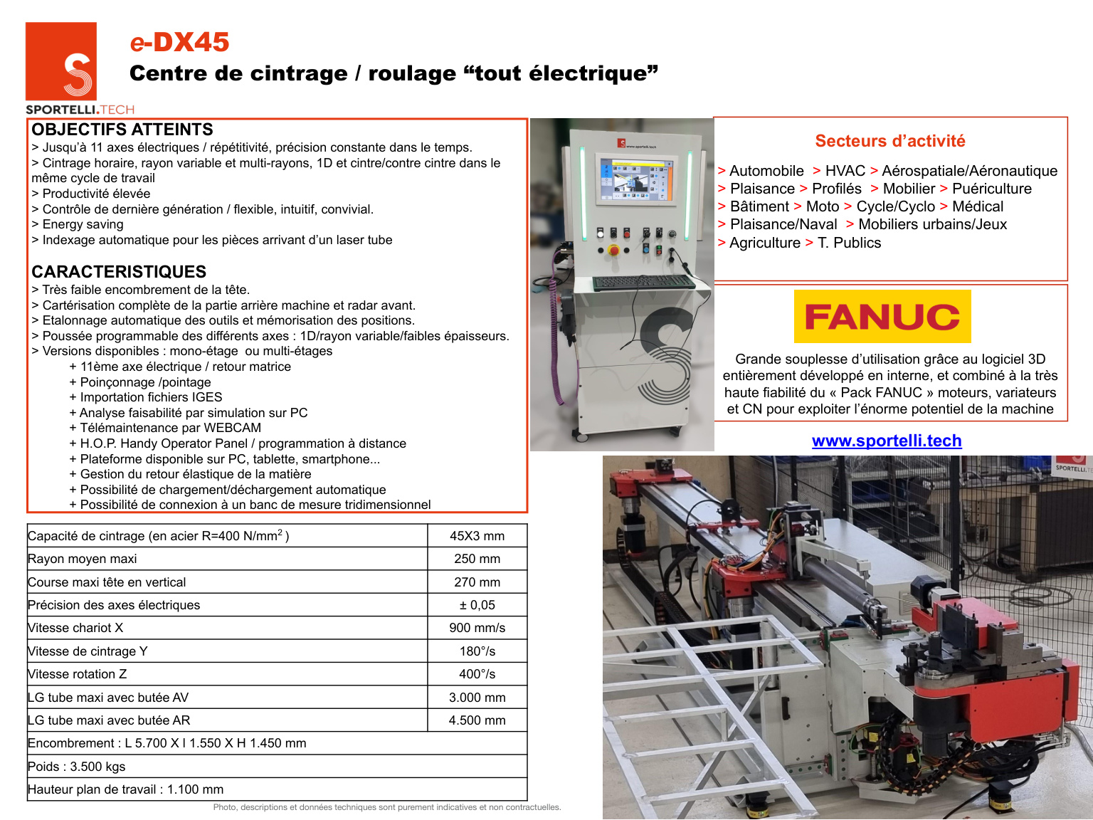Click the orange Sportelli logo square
click(x=60, y=61)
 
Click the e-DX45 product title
click(x=179, y=43)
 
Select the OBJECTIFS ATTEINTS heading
click(x=122, y=130)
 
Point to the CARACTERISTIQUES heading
click(x=119, y=272)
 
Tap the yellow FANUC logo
click(x=882, y=317)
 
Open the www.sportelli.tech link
click(x=887, y=441)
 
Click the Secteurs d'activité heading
click(x=890, y=141)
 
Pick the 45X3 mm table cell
click(x=477, y=536)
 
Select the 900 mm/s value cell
click(x=477, y=628)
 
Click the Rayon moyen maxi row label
click(x=83, y=559)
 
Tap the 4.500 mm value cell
click(x=477, y=720)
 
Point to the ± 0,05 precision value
click(x=477, y=605)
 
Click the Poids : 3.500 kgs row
click(x=77, y=767)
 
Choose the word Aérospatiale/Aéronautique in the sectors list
click(x=969, y=171)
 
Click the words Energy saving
click(x=83, y=224)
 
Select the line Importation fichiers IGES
click(x=151, y=397)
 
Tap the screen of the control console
click(x=634, y=179)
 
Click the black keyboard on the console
click(x=643, y=283)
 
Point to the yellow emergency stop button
click(x=613, y=250)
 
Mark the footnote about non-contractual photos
click(x=387, y=807)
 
